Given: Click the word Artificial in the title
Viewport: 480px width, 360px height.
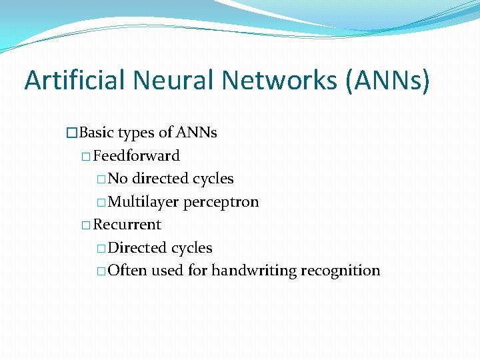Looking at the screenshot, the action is (74, 80).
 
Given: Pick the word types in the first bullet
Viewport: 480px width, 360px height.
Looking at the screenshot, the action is (137, 133).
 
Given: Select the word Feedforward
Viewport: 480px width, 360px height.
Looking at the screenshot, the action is (137, 156).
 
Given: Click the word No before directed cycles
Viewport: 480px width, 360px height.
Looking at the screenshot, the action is (118, 179).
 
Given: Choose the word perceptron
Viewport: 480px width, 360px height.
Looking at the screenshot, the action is (221, 202).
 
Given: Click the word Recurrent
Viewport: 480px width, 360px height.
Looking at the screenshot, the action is (127, 225).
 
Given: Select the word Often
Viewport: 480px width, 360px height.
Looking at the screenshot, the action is (127, 271).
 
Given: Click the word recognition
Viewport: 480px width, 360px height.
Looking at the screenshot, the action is (341, 271).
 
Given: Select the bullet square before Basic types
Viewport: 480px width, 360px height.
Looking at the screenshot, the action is (72, 133).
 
